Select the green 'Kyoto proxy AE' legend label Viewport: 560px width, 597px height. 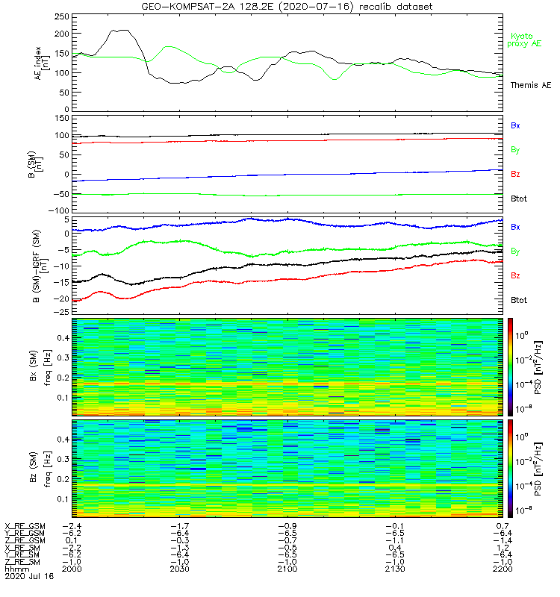tap(525, 40)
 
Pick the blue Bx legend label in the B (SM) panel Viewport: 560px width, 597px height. tap(515, 125)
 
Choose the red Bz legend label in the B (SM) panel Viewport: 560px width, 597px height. tap(515, 174)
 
